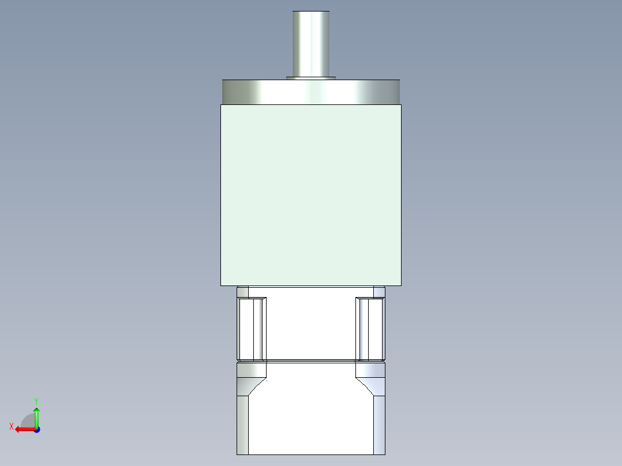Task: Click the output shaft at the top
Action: tap(311, 43)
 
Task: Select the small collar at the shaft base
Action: tap(311, 77)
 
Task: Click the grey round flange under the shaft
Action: tap(311, 92)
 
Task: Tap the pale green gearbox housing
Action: tap(311, 195)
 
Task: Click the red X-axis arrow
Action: tap(23, 429)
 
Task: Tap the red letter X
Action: tap(12, 426)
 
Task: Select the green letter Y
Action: tap(36, 400)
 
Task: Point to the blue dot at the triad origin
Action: tap(36, 430)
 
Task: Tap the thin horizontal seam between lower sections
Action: tap(311, 361)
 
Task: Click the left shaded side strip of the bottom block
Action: tap(242, 424)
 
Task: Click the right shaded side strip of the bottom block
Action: tap(379, 424)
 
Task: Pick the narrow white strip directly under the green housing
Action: tap(311, 292)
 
